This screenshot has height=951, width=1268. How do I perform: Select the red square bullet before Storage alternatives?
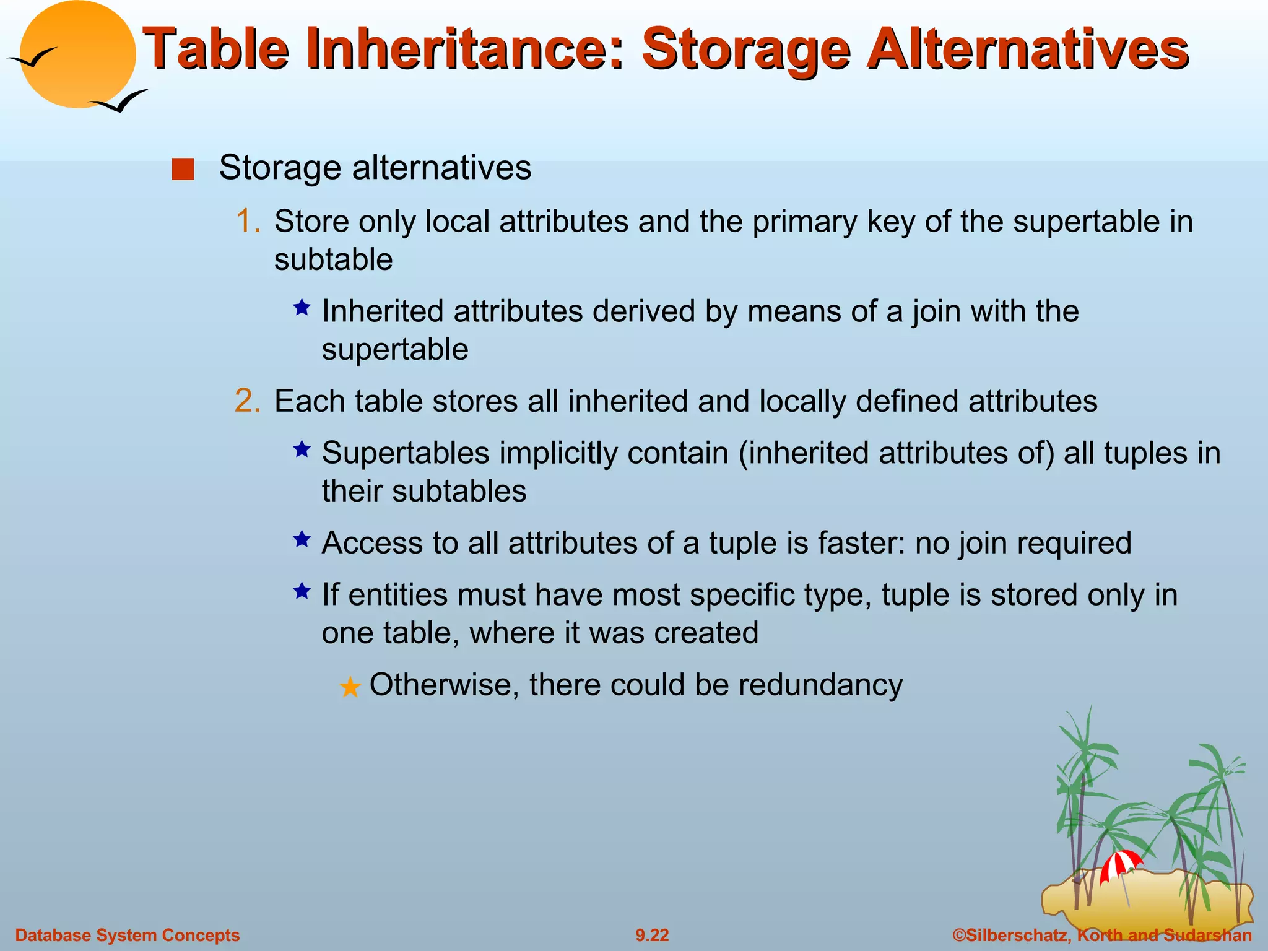pos(183,169)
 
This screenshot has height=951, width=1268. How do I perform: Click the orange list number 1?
pos(248,221)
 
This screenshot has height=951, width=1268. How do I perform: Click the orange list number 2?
pos(248,401)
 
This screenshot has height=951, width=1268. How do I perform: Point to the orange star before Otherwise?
pos(350,687)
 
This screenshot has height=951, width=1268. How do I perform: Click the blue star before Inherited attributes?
pos(302,308)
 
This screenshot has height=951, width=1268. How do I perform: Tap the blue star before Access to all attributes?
pos(302,539)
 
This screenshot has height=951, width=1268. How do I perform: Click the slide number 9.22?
pos(652,935)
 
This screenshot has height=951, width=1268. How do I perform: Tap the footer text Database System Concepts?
pos(128,935)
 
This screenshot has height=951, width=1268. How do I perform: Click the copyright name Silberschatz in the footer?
pos(1015,935)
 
